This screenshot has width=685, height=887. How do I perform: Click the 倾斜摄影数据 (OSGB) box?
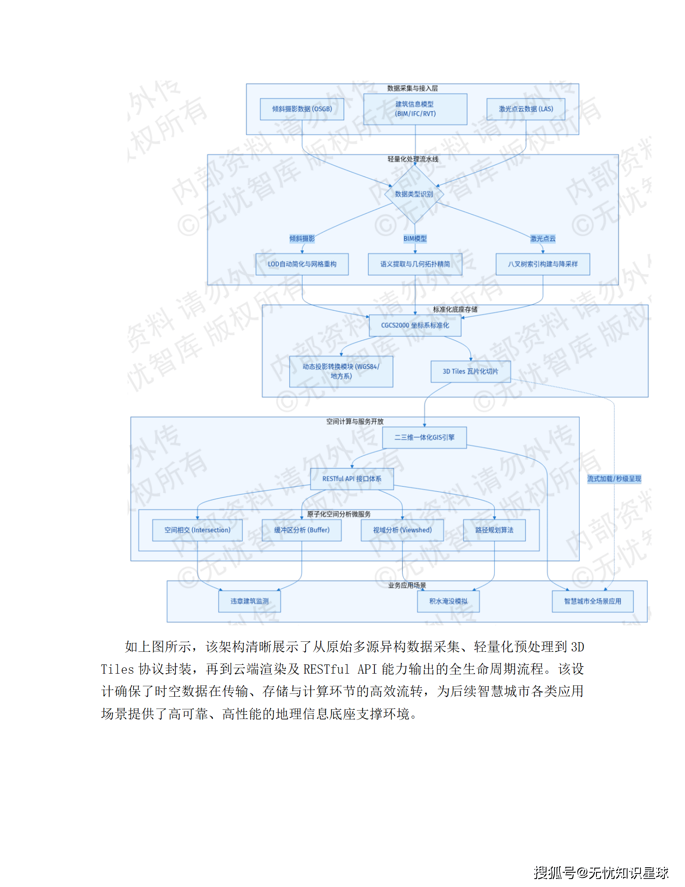(x=302, y=109)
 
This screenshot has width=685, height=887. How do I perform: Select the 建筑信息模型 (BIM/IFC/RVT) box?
(x=415, y=109)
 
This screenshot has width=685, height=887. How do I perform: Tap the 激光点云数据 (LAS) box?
(x=526, y=109)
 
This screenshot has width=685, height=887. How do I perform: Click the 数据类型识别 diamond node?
(x=414, y=194)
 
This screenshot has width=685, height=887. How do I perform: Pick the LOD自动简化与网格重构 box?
(x=302, y=264)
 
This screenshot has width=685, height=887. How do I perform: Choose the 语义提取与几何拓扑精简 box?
(x=415, y=264)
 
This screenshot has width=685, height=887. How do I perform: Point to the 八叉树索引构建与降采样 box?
(x=543, y=264)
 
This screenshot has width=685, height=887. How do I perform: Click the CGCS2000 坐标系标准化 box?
(x=415, y=325)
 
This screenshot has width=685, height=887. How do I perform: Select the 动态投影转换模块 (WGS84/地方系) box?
(x=341, y=371)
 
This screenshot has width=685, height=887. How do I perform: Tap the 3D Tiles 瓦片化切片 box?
(x=470, y=372)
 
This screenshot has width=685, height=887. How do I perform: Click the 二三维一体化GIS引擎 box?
(x=424, y=438)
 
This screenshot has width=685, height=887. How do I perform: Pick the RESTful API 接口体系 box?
(x=352, y=479)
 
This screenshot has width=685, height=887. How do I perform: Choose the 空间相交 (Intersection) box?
(x=197, y=530)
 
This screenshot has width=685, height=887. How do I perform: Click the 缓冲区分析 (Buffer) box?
(x=301, y=530)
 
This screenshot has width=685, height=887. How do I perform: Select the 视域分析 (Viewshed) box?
(x=402, y=530)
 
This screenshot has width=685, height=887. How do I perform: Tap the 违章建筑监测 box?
(x=249, y=601)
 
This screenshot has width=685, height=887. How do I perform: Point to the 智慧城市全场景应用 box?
(x=592, y=601)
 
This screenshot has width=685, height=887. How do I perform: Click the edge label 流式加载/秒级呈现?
(x=614, y=479)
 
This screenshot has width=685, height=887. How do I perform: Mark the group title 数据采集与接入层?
(x=412, y=88)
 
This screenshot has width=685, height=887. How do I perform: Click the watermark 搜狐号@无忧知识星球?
(x=601, y=873)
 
